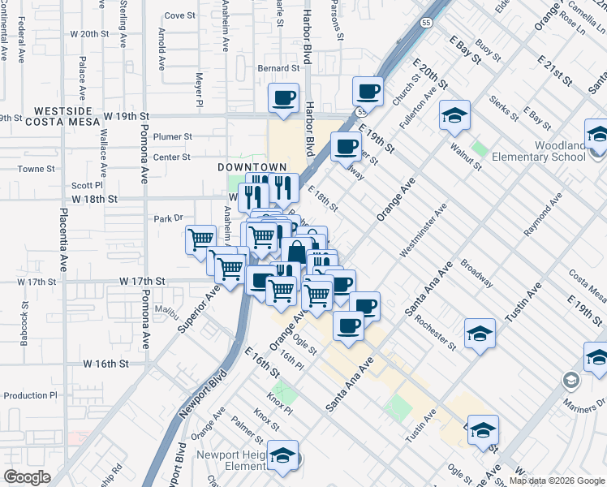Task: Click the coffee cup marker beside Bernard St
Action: (284, 98)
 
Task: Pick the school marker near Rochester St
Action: (480, 334)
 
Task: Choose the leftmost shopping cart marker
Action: (200, 240)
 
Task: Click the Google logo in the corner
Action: (28, 477)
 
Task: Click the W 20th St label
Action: (89, 34)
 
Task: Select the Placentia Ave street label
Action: (62, 239)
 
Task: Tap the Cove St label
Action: (179, 15)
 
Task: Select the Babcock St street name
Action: (26, 324)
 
